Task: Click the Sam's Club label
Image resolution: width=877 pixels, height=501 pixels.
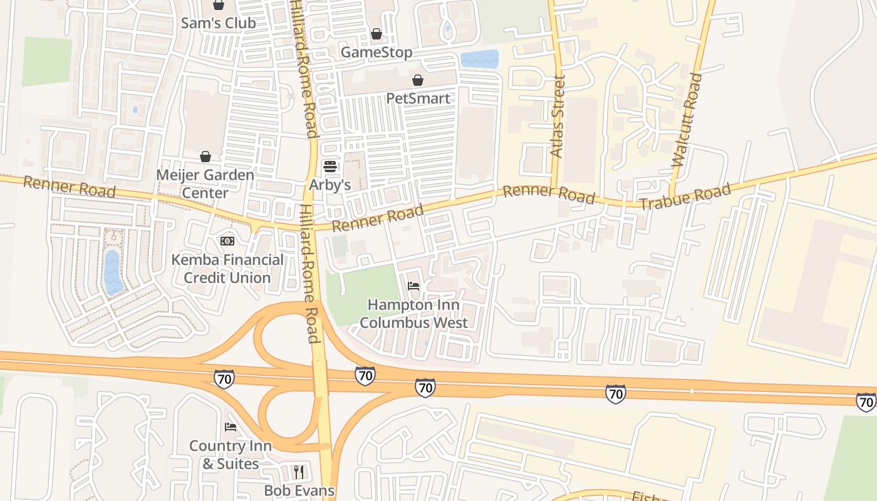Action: [218, 23]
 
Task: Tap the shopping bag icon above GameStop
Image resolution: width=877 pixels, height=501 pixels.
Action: [376, 34]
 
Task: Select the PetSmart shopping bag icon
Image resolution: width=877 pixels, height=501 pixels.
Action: [418, 80]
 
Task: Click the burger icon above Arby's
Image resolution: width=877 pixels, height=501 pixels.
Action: [330, 167]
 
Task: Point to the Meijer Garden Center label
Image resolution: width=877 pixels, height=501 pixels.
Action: [205, 183]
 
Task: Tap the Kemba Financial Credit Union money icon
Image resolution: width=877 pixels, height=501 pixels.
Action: [227, 241]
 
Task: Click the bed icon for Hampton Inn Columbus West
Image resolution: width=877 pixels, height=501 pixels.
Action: [413, 287]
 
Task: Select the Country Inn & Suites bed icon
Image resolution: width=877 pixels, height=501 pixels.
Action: [231, 427]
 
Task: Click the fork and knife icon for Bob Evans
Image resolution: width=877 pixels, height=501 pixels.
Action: [299, 472]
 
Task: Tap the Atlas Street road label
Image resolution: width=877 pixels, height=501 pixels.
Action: [557, 116]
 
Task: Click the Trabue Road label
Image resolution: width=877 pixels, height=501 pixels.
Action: [685, 196]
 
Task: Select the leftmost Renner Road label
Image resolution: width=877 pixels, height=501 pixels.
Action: [70, 187]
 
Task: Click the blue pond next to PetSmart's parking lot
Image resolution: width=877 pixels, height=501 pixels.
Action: [480, 59]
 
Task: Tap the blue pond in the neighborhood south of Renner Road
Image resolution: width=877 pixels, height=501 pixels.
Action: [113, 272]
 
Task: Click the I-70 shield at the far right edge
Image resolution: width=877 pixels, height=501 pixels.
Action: [866, 402]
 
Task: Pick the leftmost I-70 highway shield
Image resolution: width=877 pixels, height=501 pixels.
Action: [224, 379]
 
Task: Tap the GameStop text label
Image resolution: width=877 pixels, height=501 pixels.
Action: [376, 53]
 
